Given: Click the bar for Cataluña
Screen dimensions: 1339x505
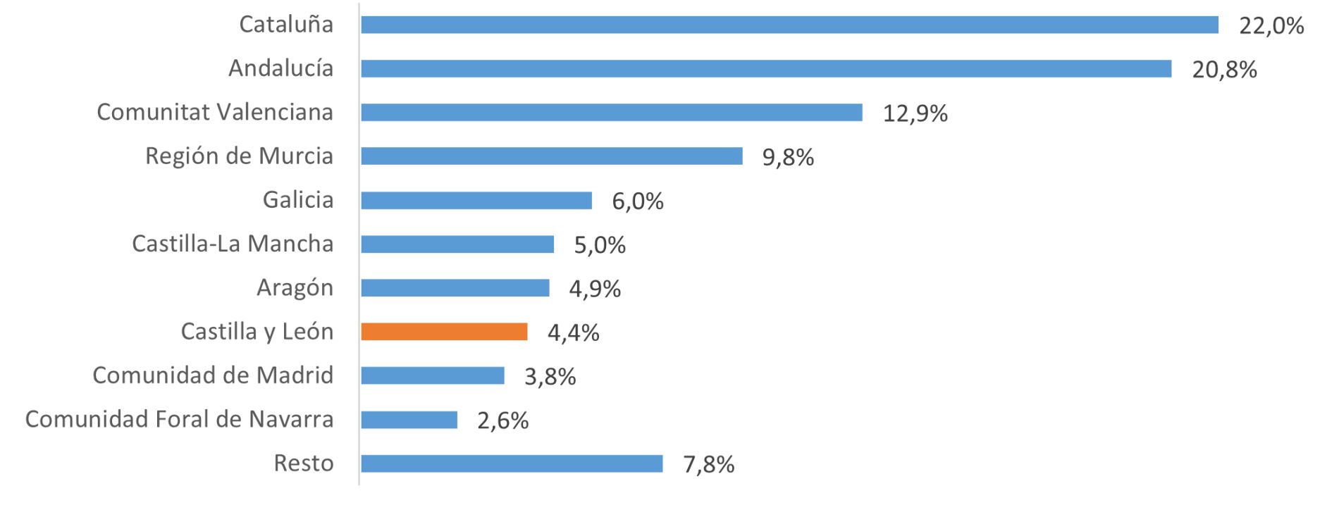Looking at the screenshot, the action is pos(789,25).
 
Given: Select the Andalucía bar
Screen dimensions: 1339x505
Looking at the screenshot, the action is pos(766,68).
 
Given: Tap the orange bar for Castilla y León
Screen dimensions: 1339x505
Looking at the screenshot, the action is pos(444,332).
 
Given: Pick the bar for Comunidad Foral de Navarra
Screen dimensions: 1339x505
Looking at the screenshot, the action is pos(409,420).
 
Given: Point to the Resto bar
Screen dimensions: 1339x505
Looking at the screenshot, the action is pos(512,463).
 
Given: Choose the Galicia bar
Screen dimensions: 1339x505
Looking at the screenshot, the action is pos(476,201).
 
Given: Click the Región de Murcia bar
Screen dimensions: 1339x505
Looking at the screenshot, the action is pos(552,156).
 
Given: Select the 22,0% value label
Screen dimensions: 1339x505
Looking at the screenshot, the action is pos(1271,26).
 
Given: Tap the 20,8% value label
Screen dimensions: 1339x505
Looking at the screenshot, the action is pos(1224,70).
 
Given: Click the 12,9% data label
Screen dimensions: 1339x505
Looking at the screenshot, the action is pos(915,113).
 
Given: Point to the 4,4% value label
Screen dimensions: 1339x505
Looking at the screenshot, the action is pos(573,332).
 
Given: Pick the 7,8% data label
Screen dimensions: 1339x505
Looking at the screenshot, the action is pos(708,465).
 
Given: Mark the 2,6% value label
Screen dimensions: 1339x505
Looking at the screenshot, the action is pos(502,421).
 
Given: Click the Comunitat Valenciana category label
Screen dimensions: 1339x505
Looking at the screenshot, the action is pos(215,112).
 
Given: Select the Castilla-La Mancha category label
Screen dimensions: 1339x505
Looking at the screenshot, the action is pos(233,244).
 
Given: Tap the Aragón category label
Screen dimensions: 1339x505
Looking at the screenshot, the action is pos(295,289).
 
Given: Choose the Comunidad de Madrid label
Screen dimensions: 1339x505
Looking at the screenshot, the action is pos(213,375).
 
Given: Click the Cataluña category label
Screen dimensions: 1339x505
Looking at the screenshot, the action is pos(286,24).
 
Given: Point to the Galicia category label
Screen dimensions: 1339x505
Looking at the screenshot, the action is pos(298,200).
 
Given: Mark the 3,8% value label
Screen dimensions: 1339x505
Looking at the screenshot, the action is pos(550,378).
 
